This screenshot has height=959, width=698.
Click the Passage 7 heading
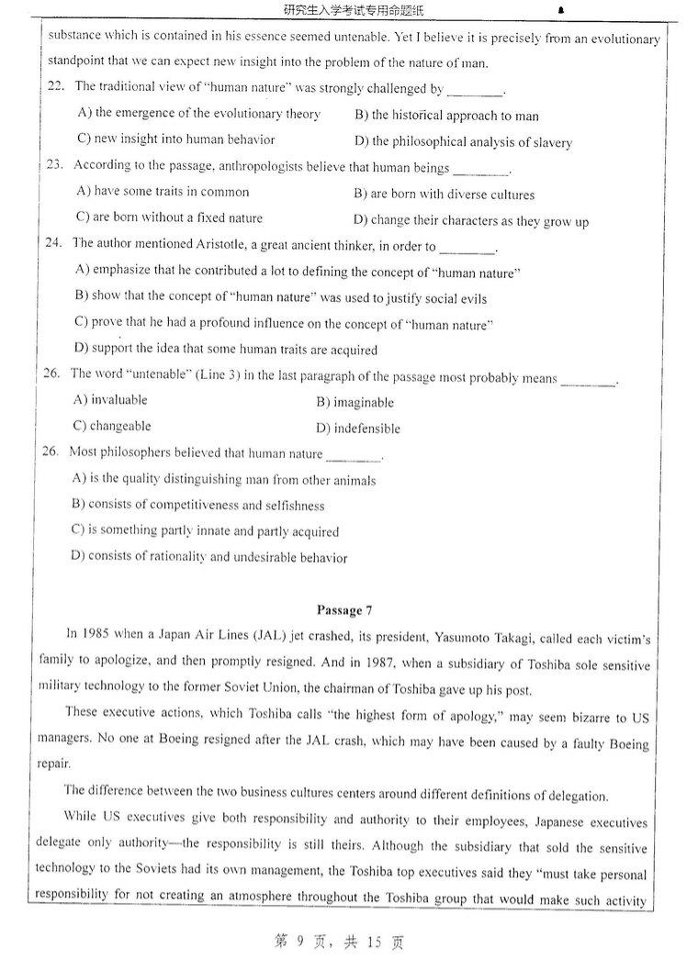(x=343, y=609)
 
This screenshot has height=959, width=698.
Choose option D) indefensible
(x=358, y=429)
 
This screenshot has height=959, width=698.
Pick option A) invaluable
(x=109, y=400)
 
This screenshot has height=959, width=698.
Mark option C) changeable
(x=111, y=427)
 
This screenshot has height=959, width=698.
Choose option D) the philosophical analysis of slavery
(x=463, y=142)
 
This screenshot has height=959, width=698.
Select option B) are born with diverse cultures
(x=444, y=195)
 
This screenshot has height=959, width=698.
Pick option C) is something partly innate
(x=205, y=531)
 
